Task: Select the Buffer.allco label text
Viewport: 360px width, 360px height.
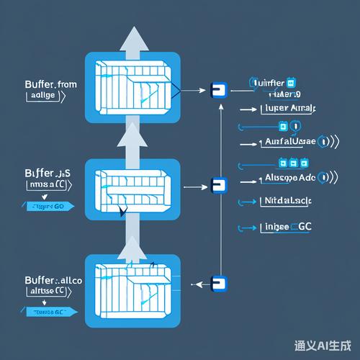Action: (43, 279)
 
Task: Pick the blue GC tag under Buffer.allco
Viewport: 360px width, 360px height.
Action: (50, 312)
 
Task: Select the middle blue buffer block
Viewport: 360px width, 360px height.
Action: (132, 189)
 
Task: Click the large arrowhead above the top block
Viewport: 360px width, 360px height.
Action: (132, 40)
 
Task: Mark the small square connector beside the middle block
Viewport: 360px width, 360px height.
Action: (215, 186)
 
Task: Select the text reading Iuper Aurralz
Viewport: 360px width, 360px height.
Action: (291, 109)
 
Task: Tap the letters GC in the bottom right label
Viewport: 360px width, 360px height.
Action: (305, 228)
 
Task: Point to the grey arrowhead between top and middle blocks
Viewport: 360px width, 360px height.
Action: (132, 132)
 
